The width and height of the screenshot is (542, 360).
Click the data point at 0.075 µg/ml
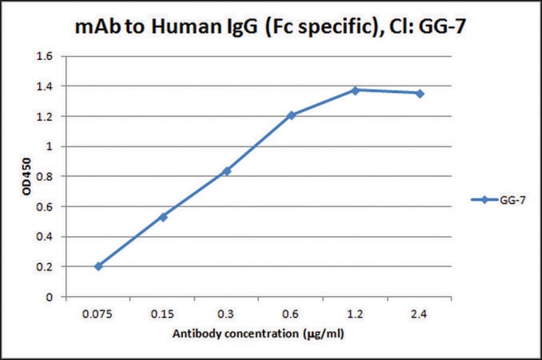[98, 266]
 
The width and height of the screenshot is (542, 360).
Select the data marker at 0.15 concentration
[163, 217]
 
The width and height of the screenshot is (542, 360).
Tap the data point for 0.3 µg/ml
[227, 171]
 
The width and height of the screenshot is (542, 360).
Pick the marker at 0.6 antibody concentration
[292, 115]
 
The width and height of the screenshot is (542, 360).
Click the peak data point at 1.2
[355, 90]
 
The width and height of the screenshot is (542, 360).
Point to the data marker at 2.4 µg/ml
[420, 94]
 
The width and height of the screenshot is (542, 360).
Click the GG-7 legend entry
[499, 200]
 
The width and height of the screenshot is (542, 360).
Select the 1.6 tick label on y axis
[45, 56]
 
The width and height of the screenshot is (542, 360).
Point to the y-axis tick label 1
[49, 146]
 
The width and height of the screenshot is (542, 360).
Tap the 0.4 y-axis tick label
[45, 237]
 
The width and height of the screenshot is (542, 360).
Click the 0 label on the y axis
[49, 297]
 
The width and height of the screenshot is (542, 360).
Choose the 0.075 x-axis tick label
[98, 314]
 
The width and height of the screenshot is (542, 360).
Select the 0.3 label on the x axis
[226, 314]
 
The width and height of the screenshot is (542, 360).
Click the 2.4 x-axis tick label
[419, 314]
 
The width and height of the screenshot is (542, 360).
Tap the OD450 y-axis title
[26, 176]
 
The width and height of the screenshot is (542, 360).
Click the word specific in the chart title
[337, 27]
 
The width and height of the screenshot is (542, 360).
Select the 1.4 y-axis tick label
[45, 86]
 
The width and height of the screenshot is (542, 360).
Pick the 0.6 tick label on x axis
[290, 314]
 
